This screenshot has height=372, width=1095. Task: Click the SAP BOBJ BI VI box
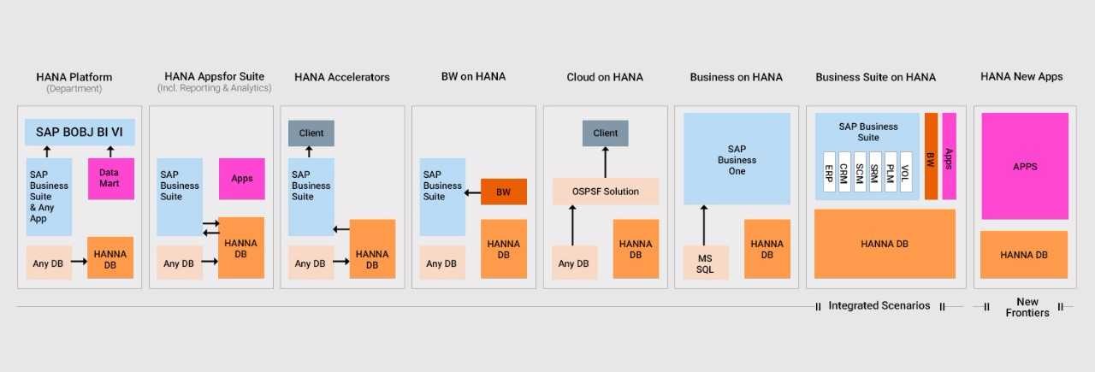coord(80,132)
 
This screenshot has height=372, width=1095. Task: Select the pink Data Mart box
coord(111,179)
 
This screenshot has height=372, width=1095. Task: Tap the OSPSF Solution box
coord(606,192)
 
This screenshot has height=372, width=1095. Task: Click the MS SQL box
coord(706,263)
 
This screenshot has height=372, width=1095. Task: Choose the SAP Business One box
coord(737,159)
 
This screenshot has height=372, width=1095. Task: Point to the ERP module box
coord(829,172)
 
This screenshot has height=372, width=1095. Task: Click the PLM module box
coord(891,172)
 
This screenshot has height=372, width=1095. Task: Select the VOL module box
coord(906,172)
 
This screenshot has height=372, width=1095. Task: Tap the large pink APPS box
coord(1025,166)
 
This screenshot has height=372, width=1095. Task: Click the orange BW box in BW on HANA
coord(504,192)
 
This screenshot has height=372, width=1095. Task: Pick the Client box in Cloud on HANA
coord(605,133)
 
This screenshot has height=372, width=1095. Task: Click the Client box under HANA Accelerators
coord(311,133)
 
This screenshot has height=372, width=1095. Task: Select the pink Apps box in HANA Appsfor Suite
coord(242,179)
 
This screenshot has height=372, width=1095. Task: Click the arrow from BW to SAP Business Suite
coord(472,193)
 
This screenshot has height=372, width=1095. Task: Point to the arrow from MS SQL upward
coord(704,226)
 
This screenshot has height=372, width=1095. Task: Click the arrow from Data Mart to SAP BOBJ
coord(110,151)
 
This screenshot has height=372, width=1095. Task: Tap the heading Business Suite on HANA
coord(875,77)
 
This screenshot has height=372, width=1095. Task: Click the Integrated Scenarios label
coord(879,305)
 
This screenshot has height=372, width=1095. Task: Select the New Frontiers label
coord(1027,307)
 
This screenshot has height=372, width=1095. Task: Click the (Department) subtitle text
coord(74,88)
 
